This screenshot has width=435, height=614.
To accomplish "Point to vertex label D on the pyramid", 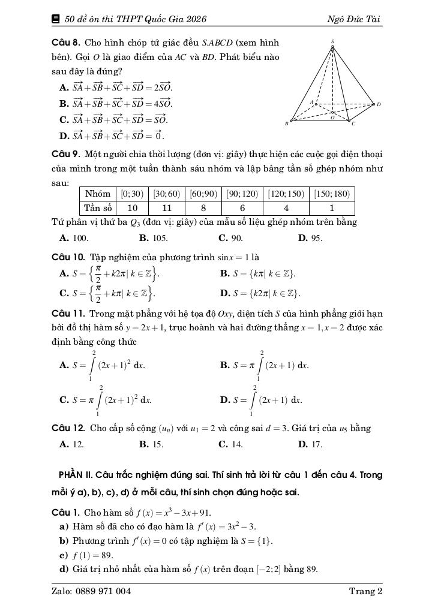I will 379,104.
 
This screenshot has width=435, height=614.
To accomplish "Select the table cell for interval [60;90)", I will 203,194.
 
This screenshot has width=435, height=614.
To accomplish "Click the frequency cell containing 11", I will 167,208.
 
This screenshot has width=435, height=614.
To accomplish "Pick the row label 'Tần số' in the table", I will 98,208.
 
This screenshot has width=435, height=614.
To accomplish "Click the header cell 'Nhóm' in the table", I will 98,194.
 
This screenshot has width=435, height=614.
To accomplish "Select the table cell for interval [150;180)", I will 332,194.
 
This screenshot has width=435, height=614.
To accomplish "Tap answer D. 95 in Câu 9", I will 310,238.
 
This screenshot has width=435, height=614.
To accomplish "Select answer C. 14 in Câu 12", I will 231,444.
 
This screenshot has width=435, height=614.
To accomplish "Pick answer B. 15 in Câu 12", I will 152,444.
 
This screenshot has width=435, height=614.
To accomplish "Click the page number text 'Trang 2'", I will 365,591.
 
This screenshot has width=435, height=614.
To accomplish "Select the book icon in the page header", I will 56,19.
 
